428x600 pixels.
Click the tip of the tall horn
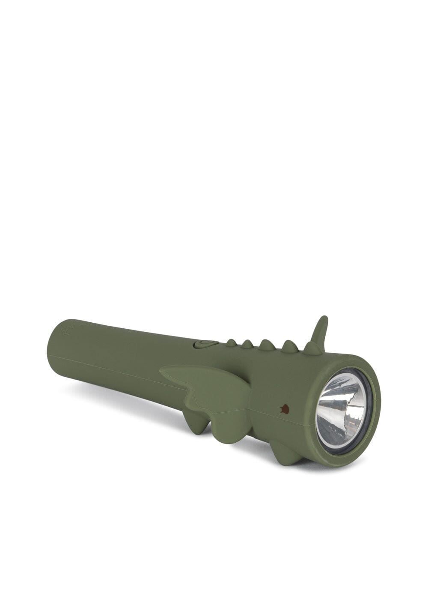click(325, 318)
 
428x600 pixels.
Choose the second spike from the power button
click(247, 343)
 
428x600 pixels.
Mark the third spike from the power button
click(266, 345)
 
